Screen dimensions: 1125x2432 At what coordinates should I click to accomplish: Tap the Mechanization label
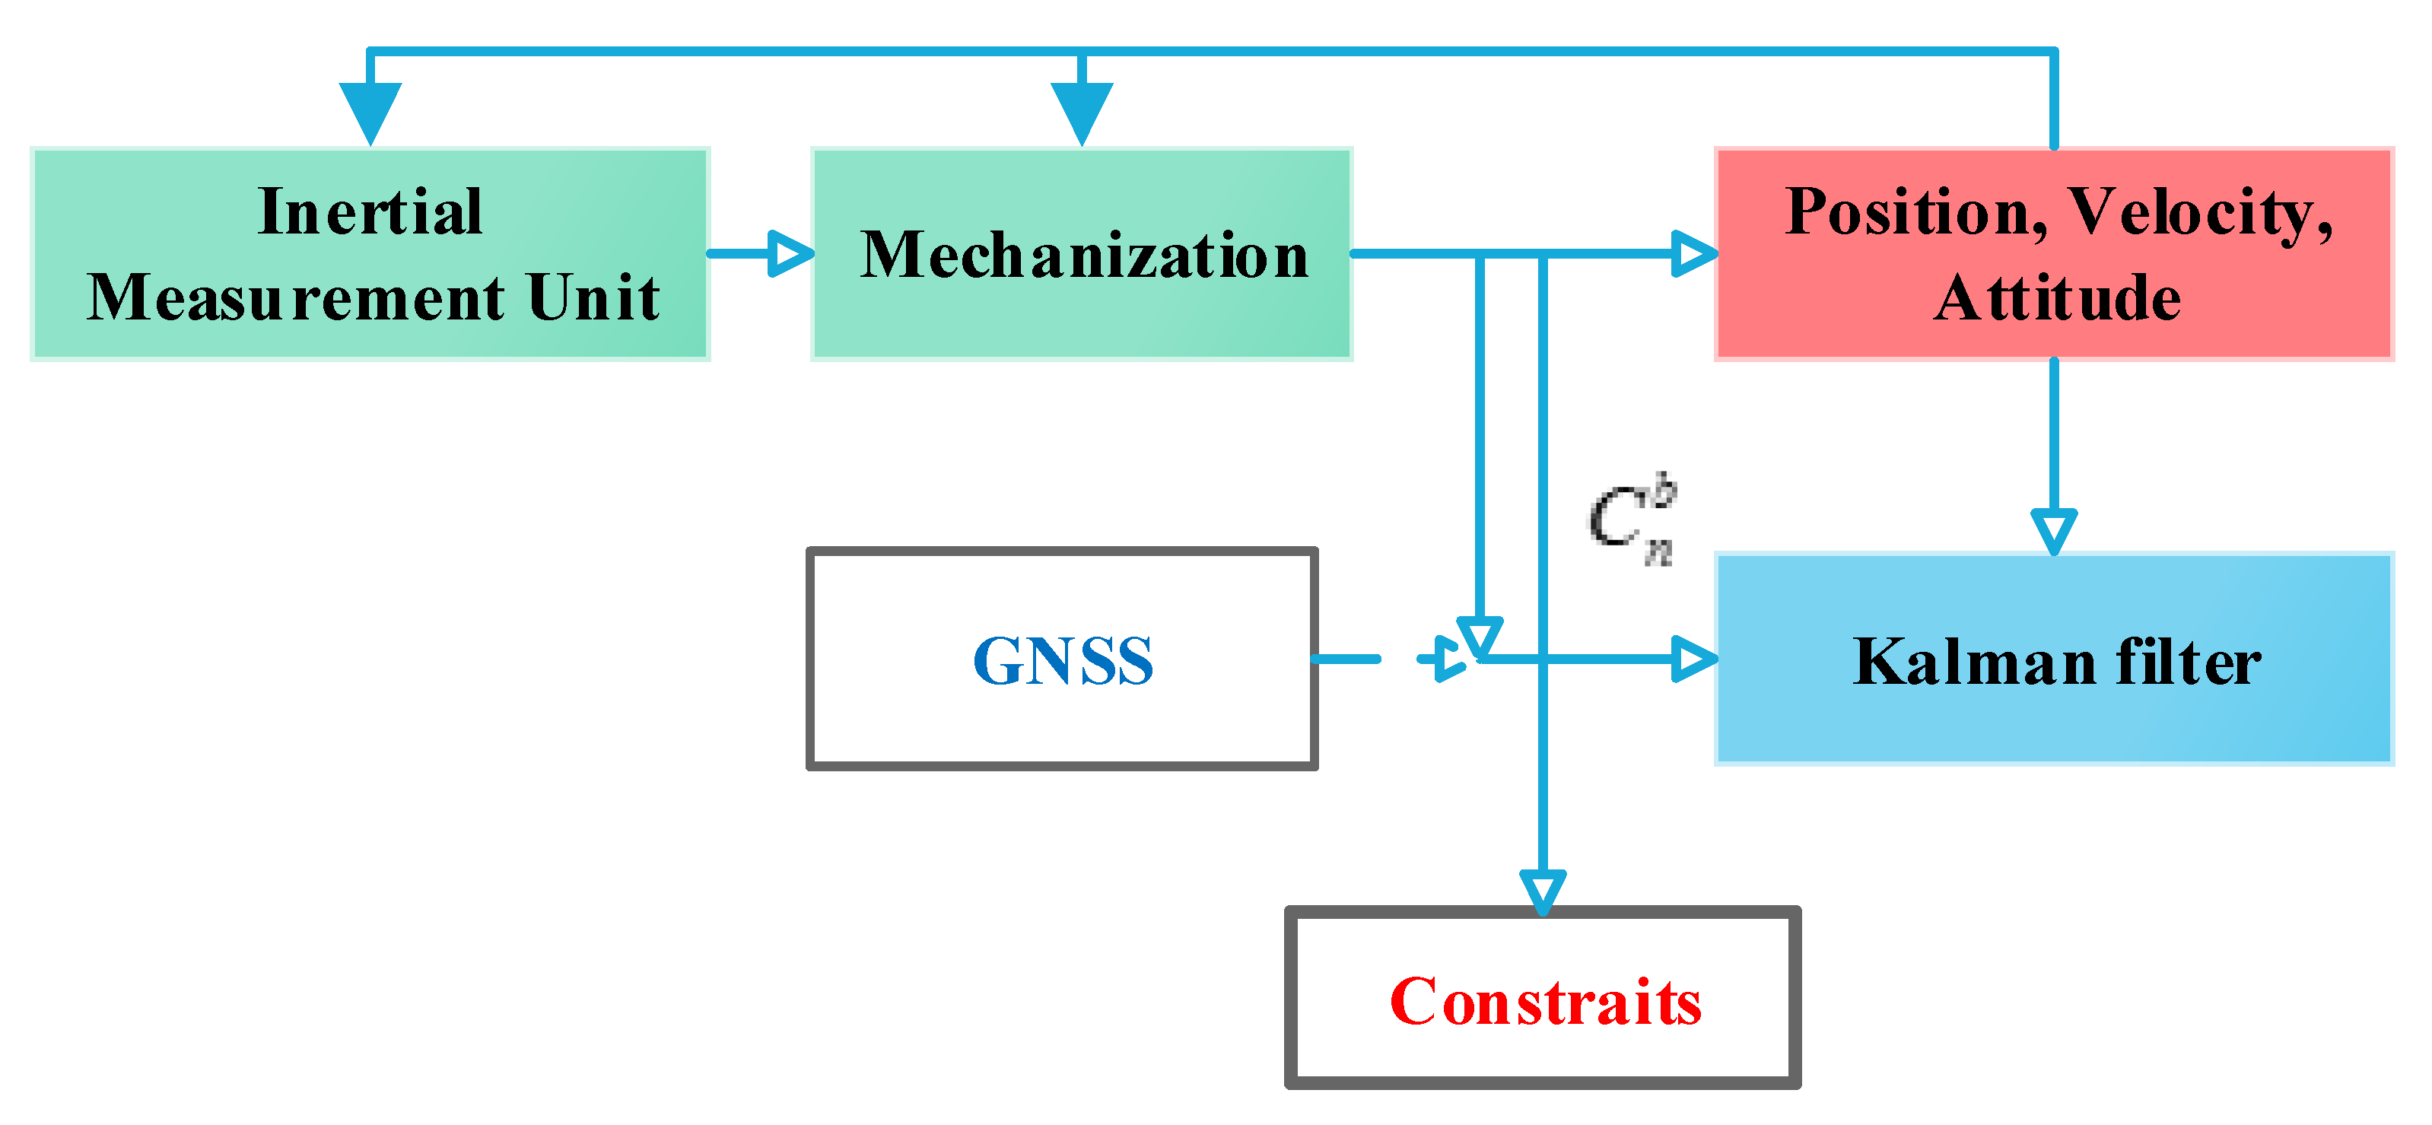coord(1084,255)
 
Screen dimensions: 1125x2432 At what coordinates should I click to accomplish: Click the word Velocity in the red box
coord(2200,213)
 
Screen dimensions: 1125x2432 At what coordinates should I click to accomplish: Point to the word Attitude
coord(2056,298)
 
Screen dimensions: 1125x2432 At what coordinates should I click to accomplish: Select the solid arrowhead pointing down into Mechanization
coord(1082,111)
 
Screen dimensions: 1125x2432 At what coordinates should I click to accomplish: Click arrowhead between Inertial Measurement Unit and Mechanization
coord(790,254)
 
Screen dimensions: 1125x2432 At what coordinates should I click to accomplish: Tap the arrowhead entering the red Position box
coord(1692,254)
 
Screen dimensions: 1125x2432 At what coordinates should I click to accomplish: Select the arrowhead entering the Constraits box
coord(1543,891)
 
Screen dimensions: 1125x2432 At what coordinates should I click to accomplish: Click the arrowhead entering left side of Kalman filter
coord(1692,659)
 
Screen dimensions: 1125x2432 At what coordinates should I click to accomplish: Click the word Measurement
coord(295,298)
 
